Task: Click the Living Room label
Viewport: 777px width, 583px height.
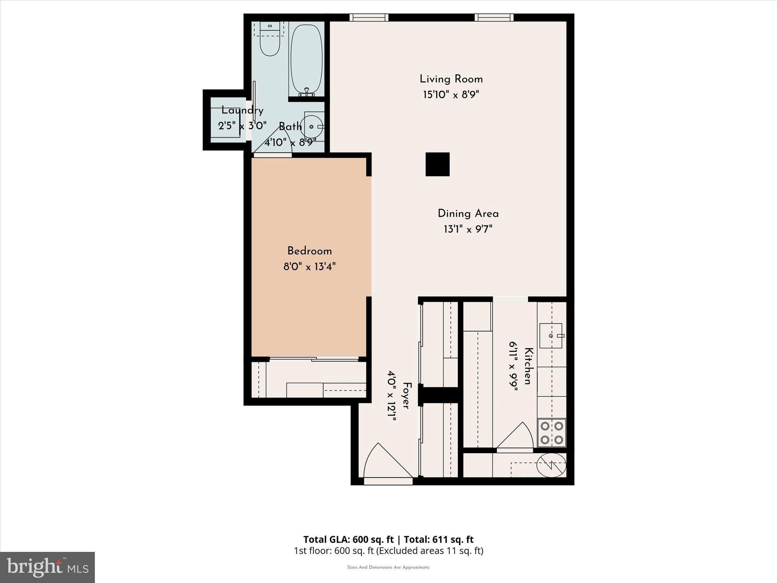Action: pos(451,79)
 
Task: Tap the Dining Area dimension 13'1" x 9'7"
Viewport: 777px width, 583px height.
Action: pos(468,229)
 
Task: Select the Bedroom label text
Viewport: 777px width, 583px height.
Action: pos(309,251)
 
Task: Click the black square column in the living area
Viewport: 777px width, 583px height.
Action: pos(437,164)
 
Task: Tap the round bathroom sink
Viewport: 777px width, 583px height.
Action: pos(311,127)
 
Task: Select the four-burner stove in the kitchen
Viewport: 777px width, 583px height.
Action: pos(552,433)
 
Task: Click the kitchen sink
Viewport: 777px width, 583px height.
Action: pos(551,336)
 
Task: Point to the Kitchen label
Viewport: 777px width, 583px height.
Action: pos(529,366)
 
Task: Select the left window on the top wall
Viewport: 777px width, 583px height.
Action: pos(369,17)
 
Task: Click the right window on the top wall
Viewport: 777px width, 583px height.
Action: pos(494,17)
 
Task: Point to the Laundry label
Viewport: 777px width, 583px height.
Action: pos(242,111)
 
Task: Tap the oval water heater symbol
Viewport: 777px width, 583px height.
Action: pos(551,465)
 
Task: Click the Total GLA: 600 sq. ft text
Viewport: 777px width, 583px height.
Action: pos(349,539)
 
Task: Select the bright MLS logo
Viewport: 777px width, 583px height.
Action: pos(47,567)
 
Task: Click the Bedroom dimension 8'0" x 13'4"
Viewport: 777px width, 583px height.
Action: pos(309,267)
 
